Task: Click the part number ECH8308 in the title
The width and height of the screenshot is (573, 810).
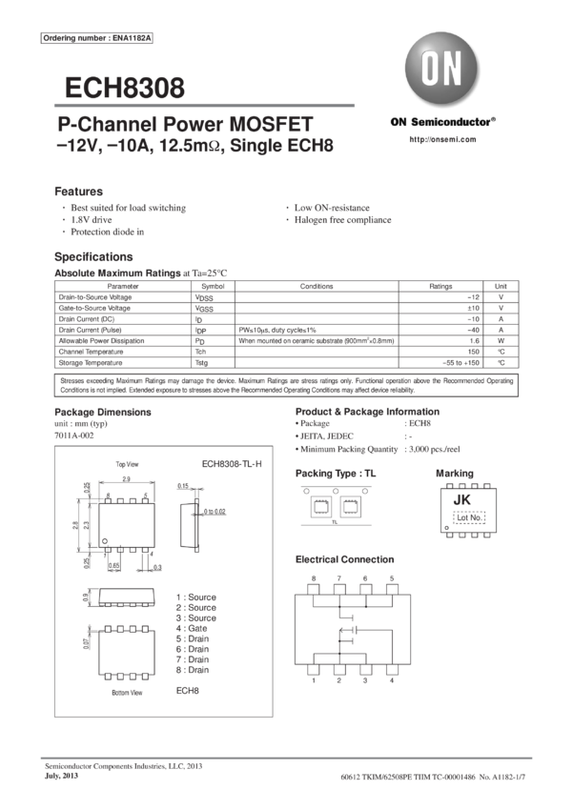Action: [x=125, y=89]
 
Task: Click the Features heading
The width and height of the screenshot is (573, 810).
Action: [x=78, y=191]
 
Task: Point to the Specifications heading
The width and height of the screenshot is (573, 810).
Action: [x=93, y=257]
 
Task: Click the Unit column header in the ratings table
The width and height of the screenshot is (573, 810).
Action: [x=501, y=285]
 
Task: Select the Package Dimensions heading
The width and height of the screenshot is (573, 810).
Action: [x=102, y=412]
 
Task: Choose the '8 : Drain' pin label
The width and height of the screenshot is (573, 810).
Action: [x=195, y=670]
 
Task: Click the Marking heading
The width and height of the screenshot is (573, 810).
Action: [x=454, y=473]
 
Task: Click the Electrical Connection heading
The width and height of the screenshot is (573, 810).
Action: [x=344, y=559]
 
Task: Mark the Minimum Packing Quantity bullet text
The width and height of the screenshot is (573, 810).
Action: [x=346, y=448]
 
